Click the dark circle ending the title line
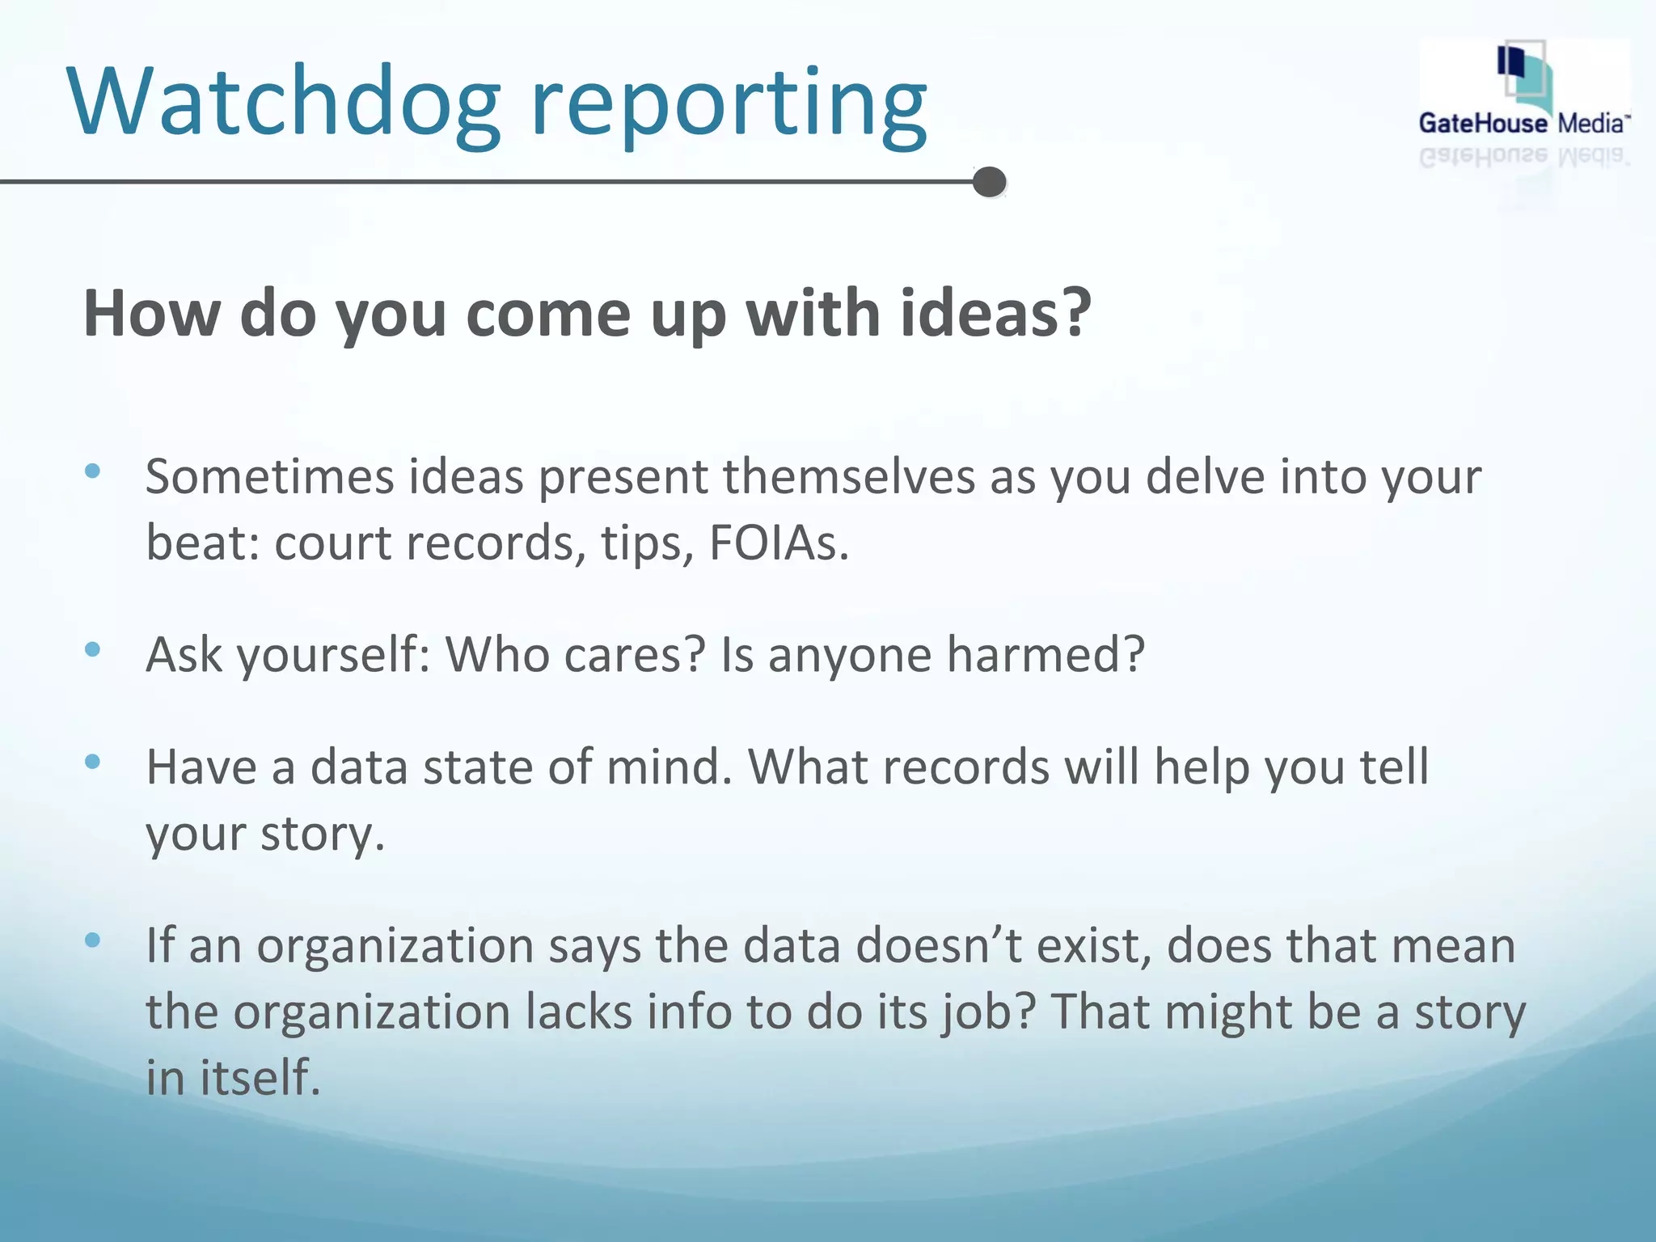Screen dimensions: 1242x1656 989,182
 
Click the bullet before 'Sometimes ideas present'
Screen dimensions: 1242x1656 92,471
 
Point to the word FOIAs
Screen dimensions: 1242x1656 779,543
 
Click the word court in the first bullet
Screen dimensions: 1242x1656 333,543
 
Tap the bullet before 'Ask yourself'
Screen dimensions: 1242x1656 92,648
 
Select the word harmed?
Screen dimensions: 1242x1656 1046,654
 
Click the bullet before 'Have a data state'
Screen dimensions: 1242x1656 92,761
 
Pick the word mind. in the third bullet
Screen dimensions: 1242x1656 669,767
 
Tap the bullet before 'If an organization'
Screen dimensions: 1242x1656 92,940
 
